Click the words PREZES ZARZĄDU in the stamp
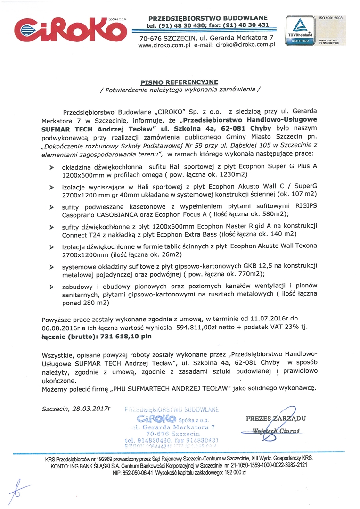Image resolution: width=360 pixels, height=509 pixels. (276, 418)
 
